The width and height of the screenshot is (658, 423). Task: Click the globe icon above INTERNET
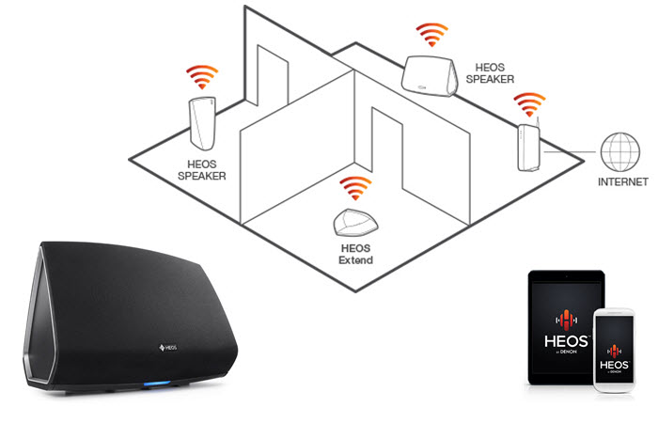[619, 152]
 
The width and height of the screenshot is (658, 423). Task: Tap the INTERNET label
[622, 181]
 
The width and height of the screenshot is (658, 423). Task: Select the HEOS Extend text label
[356, 255]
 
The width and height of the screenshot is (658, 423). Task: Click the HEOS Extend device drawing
[356, 222]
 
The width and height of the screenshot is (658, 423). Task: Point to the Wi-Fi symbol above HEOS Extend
[355, 188]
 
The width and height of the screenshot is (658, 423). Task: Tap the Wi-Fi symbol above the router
[529, 104]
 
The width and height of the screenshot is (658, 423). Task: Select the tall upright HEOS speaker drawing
[203, 123]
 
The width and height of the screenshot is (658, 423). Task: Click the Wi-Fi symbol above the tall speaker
[202, 77]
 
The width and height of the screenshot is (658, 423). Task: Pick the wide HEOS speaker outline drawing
[429, 76]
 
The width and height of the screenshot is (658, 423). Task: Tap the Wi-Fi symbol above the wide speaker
[431, 35]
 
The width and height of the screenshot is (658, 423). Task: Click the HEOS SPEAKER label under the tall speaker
[202, 170]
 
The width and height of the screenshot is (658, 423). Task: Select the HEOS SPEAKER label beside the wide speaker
[490, 73]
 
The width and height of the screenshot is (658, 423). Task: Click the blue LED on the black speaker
[157, 384]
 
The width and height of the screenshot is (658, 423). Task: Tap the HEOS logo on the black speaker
[168, 348]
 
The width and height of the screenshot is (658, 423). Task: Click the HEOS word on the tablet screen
[566, 341]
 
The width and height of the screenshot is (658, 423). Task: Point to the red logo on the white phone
[614, 351]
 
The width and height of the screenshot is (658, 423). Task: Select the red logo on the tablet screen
[566, 321]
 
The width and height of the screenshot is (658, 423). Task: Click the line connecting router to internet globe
[571, 151]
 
